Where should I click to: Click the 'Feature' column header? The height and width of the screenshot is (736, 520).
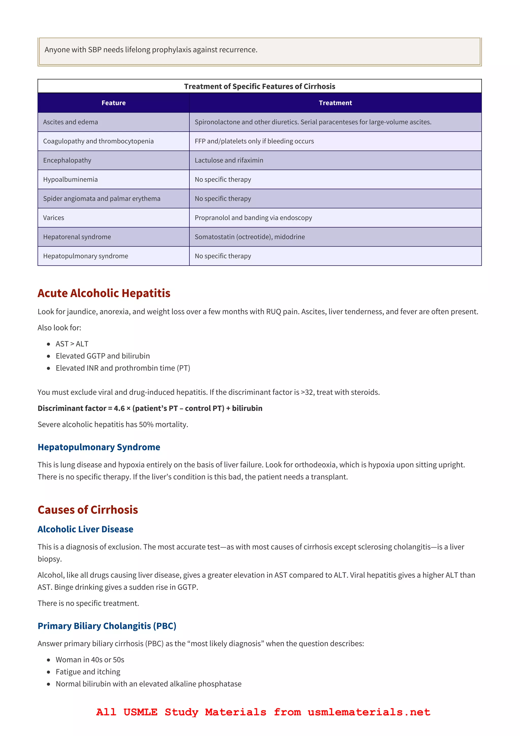[113, 103]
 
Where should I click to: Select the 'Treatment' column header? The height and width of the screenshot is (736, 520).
[335, 103]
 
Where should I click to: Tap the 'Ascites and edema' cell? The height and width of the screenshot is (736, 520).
[71, 122]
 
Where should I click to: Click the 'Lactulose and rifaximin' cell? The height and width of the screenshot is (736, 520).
[229, 160]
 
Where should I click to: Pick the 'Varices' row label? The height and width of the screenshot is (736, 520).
[54, 218]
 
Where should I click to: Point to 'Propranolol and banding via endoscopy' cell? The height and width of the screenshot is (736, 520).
[253, 218]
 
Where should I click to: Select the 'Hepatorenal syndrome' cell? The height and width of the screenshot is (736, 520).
[77, 237]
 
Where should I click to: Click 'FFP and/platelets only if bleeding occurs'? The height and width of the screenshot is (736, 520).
[254, 141]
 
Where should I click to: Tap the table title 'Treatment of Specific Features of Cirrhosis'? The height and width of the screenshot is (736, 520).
[259, 86]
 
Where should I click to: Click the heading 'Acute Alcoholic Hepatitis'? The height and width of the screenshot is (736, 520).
[104, 293]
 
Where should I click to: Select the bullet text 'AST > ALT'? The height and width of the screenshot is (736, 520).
[72, 344]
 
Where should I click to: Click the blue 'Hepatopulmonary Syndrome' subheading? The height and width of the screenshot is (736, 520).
[99, 447]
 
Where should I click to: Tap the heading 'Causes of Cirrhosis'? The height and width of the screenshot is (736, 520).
[88, 510]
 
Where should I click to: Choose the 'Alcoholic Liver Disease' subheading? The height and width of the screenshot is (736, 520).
[85, 529]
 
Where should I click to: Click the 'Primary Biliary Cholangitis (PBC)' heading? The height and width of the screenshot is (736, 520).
[107, 626]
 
